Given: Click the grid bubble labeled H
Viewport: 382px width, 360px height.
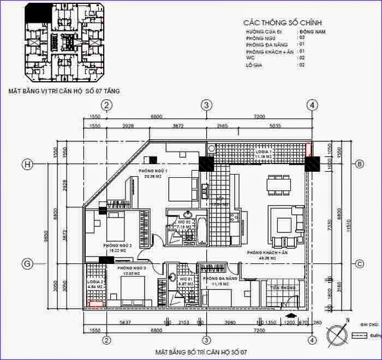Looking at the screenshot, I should [x=26, y=164].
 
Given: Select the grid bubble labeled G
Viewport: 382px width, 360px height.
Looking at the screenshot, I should [x=26, y=263].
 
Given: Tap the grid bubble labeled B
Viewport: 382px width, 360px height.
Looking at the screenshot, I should [x=360, y=164].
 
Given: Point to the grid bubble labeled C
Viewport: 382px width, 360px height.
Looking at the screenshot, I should [x=360, y=263].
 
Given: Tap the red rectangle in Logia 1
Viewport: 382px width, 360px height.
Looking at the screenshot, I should [x=309, y=149].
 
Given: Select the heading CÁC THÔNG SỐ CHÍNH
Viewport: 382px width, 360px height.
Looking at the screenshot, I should [x=283, y=22].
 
